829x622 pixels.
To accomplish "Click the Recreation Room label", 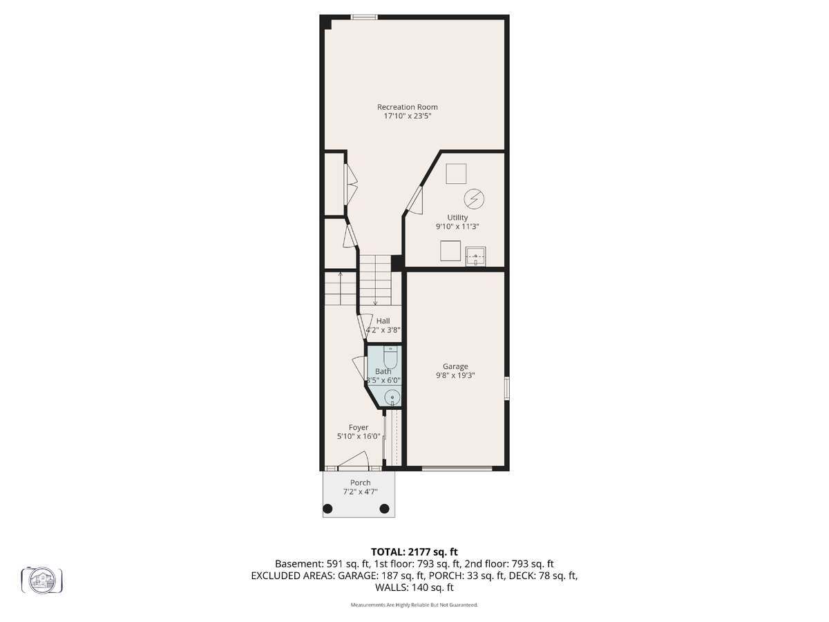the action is point(407,107).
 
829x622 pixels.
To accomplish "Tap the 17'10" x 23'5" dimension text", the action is point(407,116).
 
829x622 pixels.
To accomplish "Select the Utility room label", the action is point(457,218).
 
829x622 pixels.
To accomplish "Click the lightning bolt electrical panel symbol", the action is point(474,198).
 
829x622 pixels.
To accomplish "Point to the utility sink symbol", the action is point(475,256).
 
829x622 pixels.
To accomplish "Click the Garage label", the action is point(455,366).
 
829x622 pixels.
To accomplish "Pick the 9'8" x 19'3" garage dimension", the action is point(455,375).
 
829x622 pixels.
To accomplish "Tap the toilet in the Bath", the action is point(390,358).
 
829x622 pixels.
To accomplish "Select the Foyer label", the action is point(359,428).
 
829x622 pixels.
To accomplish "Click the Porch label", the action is point(361,482).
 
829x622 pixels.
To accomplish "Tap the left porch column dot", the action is point(328,509).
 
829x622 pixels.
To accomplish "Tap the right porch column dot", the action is point(384,509).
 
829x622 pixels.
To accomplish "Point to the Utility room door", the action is point(414,200).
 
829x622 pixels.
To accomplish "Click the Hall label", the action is point(383,321).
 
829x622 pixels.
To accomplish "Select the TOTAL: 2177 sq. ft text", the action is point(414,552).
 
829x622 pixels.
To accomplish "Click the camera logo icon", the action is point(42,579).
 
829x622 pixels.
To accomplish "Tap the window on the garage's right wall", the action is point(507,388).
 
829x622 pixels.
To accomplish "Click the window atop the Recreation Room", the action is point(364,17).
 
